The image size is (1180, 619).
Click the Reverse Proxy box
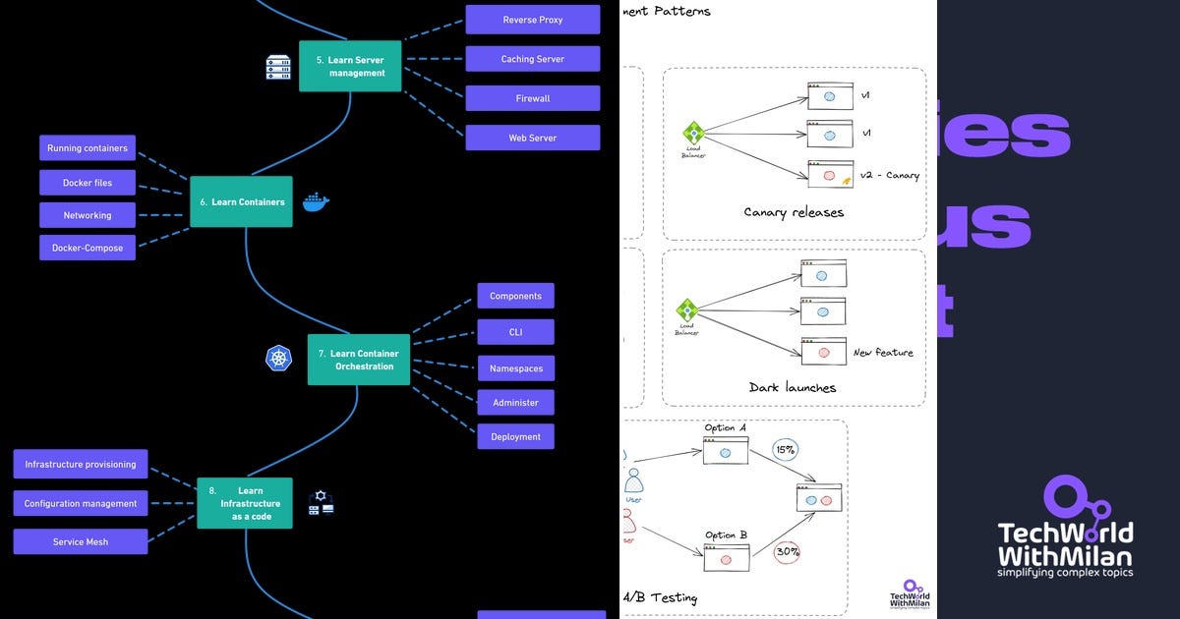[x=532, y=20]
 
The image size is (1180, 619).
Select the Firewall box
[x=532, y=98]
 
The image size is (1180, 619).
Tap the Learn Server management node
[x=350, y=66]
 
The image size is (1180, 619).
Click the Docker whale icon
[x=316, y=201]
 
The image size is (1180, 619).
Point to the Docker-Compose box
[x=88, y=248]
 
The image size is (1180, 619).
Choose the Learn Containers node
[x=241, y=201]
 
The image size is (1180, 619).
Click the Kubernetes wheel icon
[x=279, y=359]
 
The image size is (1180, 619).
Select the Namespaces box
[x=515, y=368]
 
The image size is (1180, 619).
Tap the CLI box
[x=515, y=332]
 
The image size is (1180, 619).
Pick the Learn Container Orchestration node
[x=358, y=360]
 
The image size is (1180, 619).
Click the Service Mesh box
[x=81, y=541]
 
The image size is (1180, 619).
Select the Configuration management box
[x=81, y=503]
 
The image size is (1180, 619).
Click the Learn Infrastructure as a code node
[x=245, y=503]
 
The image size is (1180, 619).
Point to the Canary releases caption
[x=794, y=212]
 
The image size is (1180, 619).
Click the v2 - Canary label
[x=889, y=176]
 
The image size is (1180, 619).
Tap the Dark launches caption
[x=793, y=387]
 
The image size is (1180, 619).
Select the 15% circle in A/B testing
[x=785, y=450]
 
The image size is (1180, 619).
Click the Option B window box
[x=726, y=558]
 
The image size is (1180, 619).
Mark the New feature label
[x=882, y=352]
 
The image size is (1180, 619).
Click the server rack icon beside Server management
[x=278, y=67]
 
